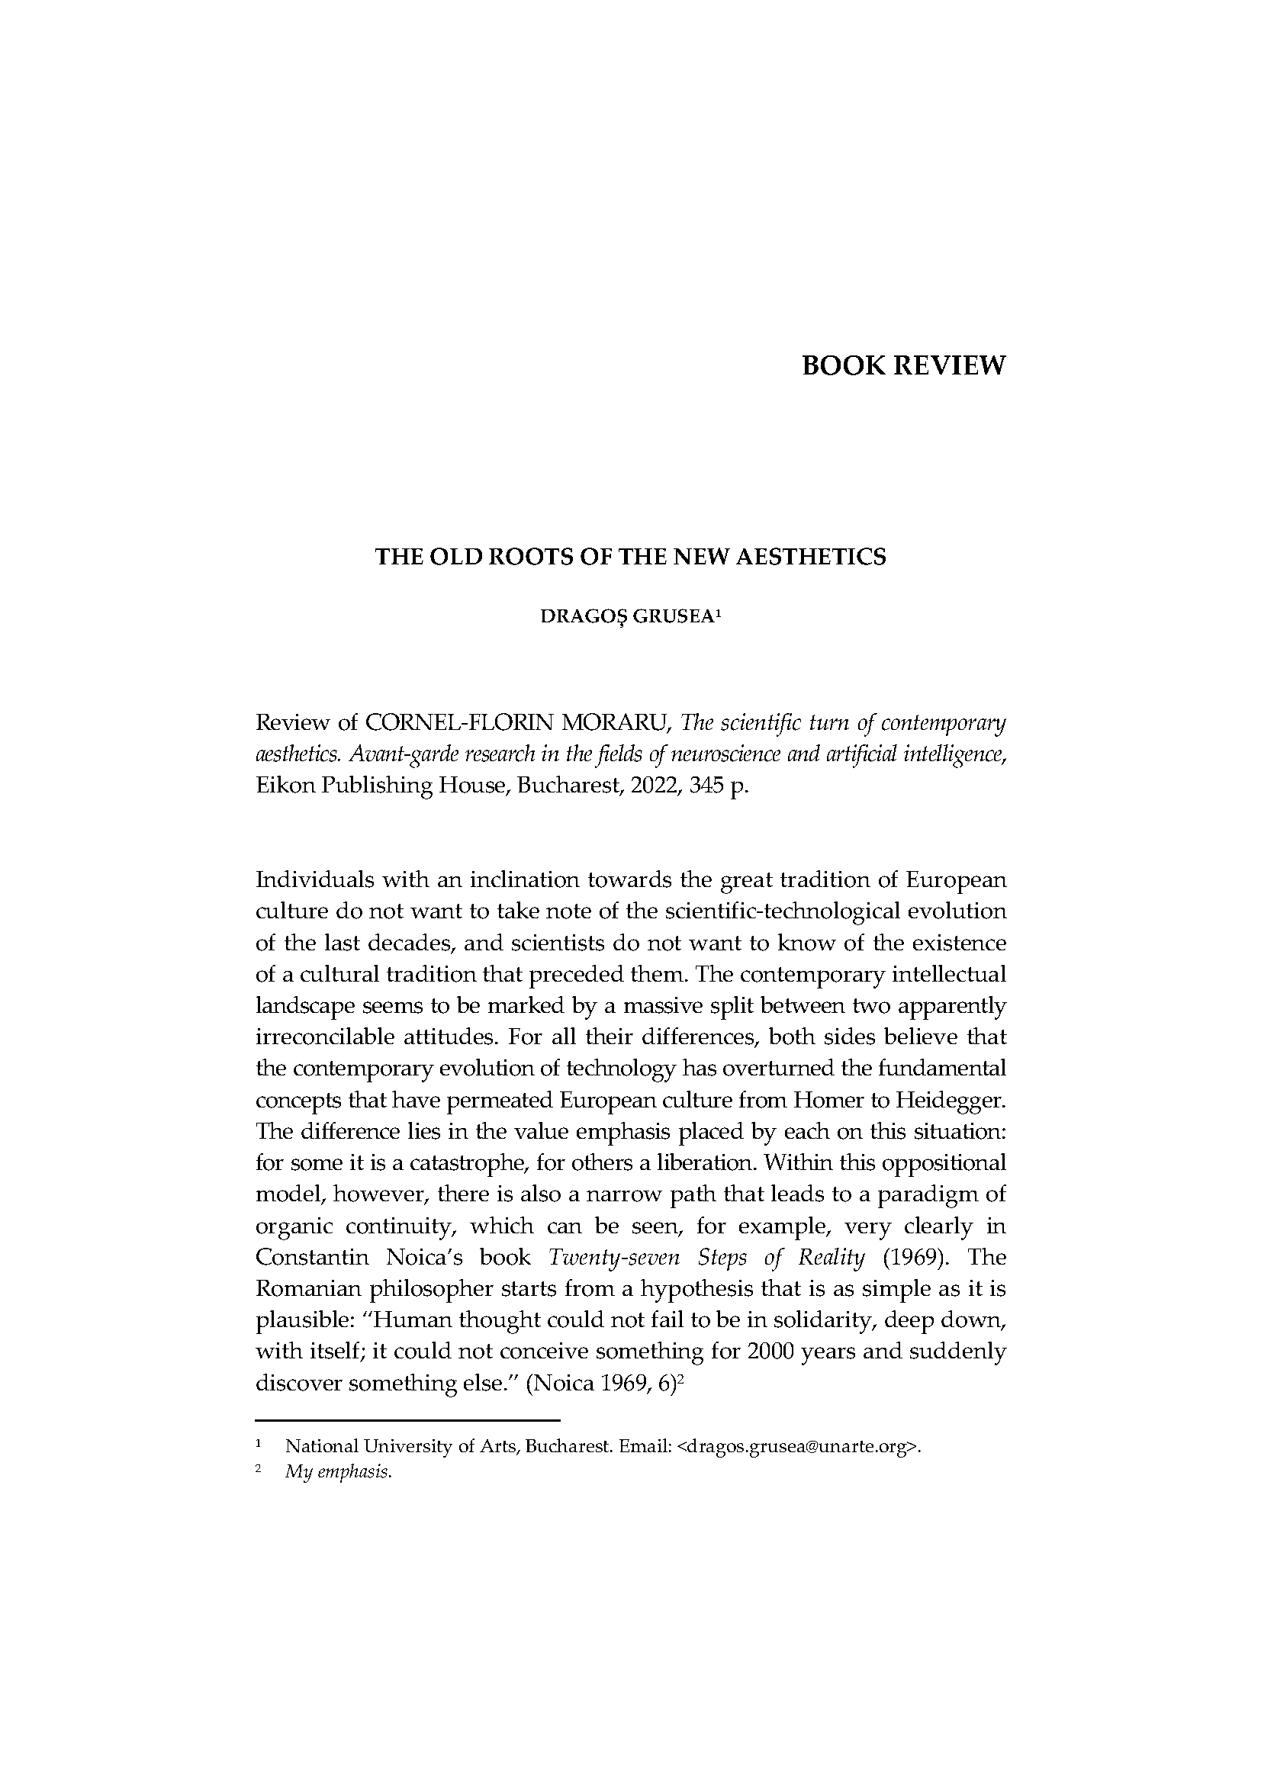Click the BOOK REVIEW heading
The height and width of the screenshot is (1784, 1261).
point(902,365)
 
